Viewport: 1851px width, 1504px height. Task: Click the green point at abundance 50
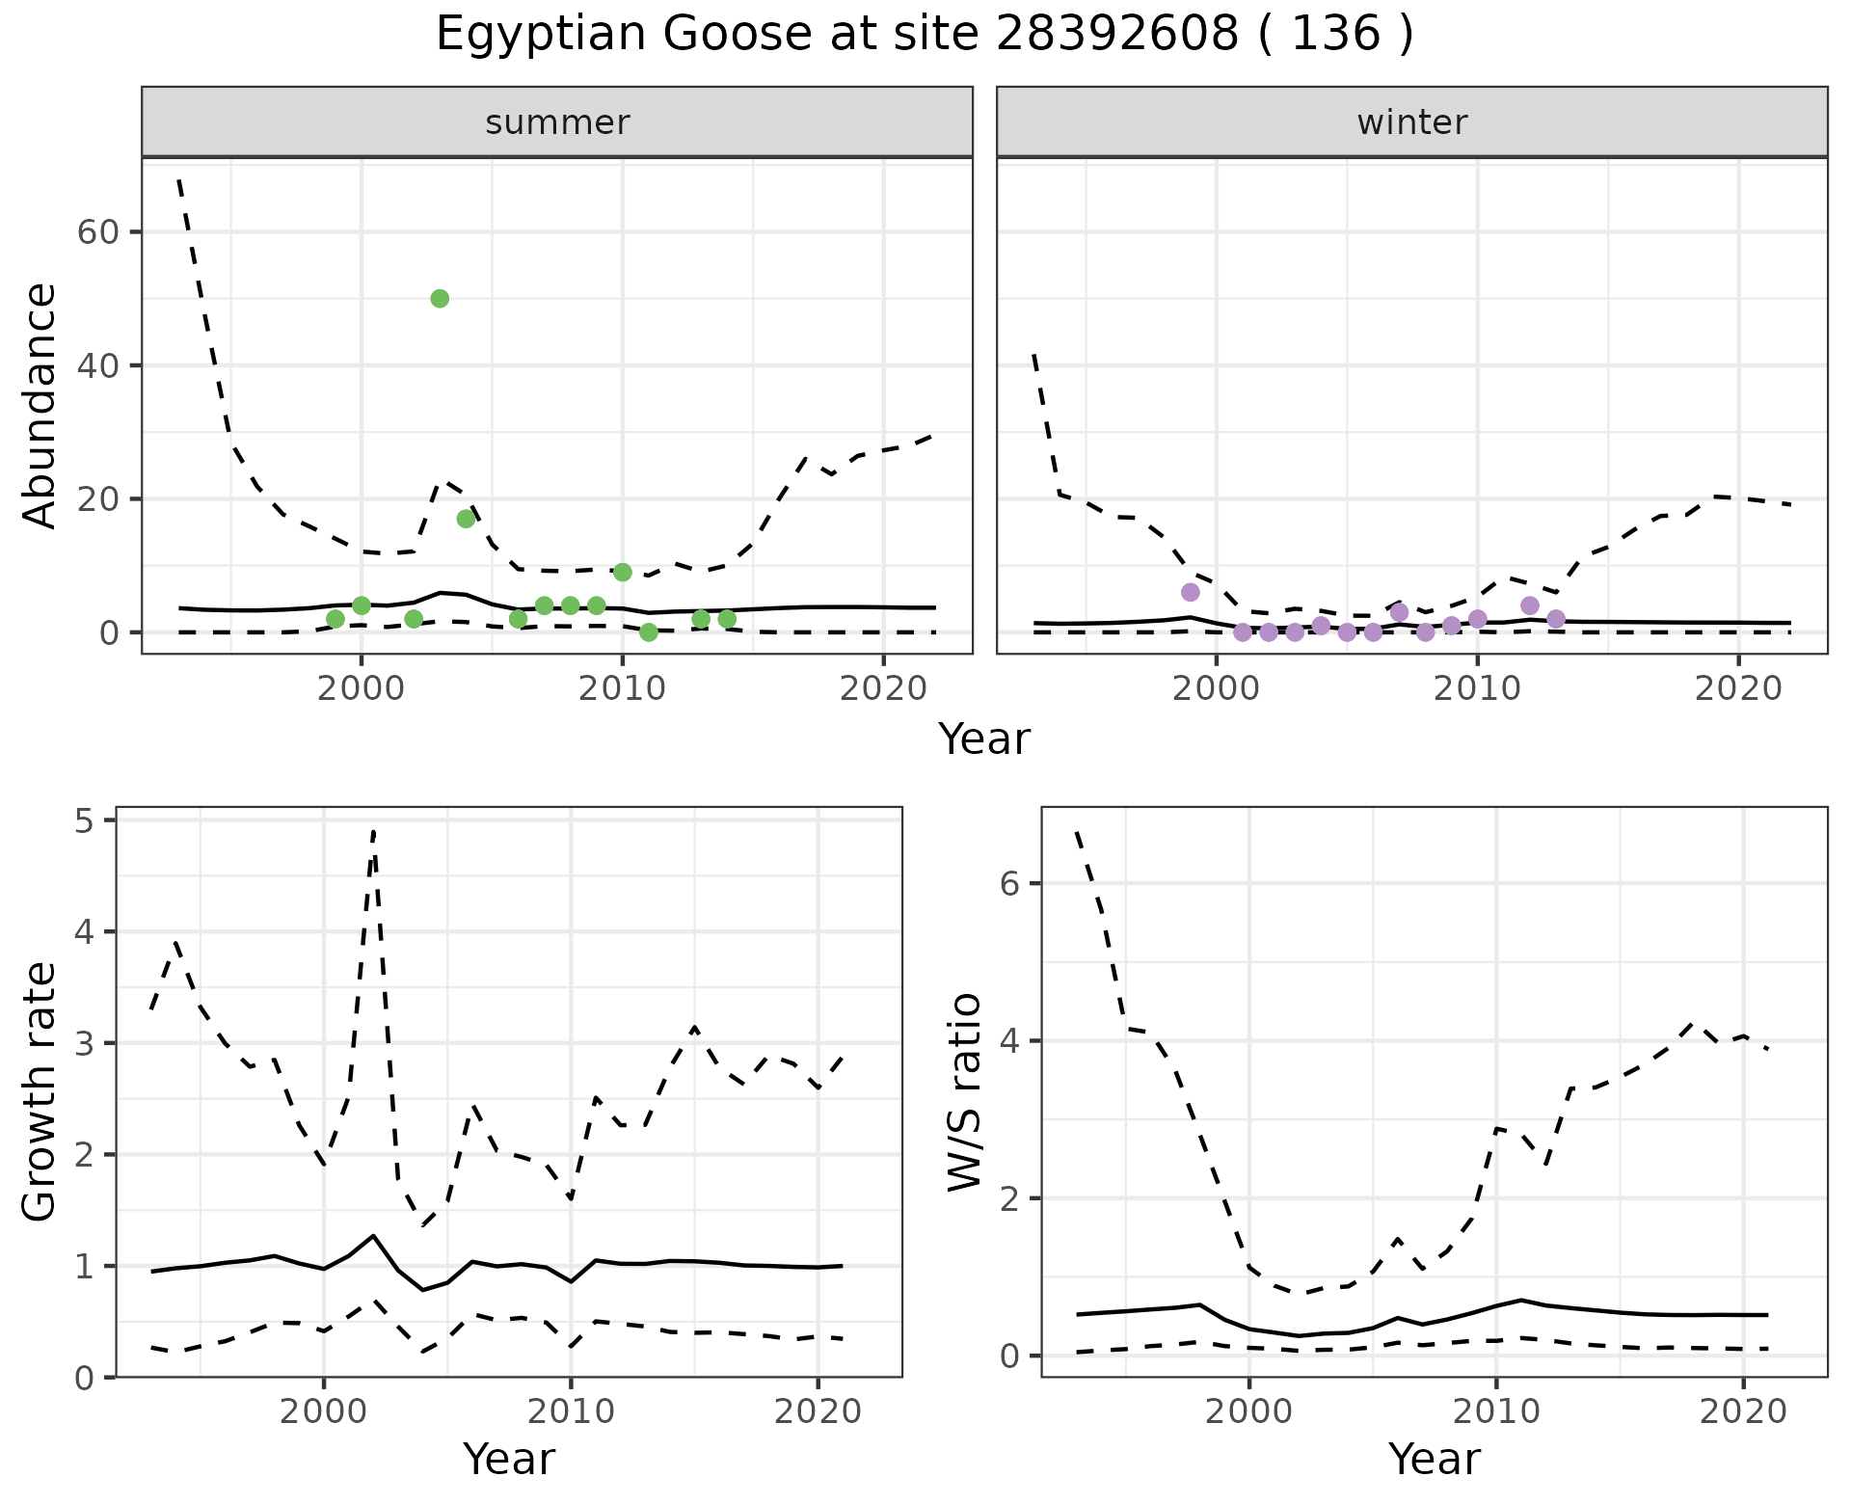(440, 299)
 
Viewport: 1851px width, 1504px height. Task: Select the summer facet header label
(557, 122)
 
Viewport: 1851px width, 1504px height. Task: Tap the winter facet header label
(1411, 122)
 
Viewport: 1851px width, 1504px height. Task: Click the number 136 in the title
(1334, 35)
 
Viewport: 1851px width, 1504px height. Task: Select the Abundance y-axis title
(40, 406)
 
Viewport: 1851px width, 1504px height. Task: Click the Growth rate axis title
(40, 1092)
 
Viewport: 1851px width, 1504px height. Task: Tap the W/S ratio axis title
(965, 1092)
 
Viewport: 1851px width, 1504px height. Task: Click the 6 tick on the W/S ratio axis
(1010, 884)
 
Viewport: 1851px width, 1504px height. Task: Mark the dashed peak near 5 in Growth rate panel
(373, 831)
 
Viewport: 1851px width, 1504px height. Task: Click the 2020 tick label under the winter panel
(1738, 689)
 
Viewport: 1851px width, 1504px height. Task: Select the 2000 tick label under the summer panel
(362, 689)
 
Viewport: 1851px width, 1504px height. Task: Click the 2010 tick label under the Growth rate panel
(571, 1412)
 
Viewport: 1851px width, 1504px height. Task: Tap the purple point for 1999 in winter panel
(1191, 592)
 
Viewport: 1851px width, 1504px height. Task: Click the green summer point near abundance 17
(466, 519)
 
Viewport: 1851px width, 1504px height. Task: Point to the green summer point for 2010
(623, 573)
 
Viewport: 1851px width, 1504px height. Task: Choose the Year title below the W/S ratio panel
(1434, 1459)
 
